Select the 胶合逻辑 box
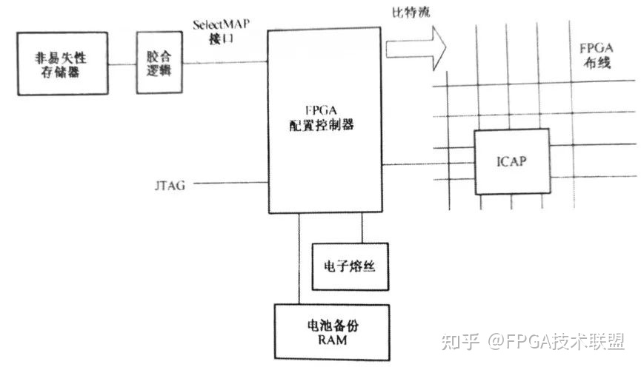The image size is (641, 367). pyautogui.click(x=159, y=62)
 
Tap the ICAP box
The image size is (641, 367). pyautogui.click(x=511, y=160)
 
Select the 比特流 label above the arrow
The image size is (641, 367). pyautogui.click(x=407, y=13)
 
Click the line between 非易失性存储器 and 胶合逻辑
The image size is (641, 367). pyautogui.click(x=124, y=62)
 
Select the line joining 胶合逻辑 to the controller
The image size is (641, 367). pyautogui.click(x=225, y=62)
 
